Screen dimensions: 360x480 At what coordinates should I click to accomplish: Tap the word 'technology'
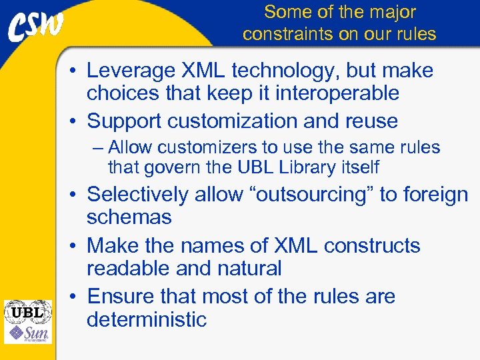[x=290, y=71]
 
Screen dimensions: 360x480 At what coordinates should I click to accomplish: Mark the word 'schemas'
[x=129, y=217]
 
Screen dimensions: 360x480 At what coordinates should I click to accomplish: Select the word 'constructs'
[x=372, y=245]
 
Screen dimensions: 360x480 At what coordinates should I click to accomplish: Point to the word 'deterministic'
[x=147, y=319]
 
